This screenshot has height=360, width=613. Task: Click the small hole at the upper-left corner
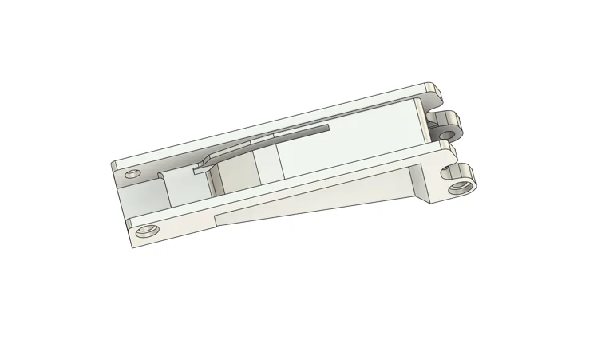click(x=132, y=172)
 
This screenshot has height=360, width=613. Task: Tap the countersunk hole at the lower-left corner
click(x=144, y=231)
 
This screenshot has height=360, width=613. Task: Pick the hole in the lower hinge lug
click(x=459, y=188)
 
